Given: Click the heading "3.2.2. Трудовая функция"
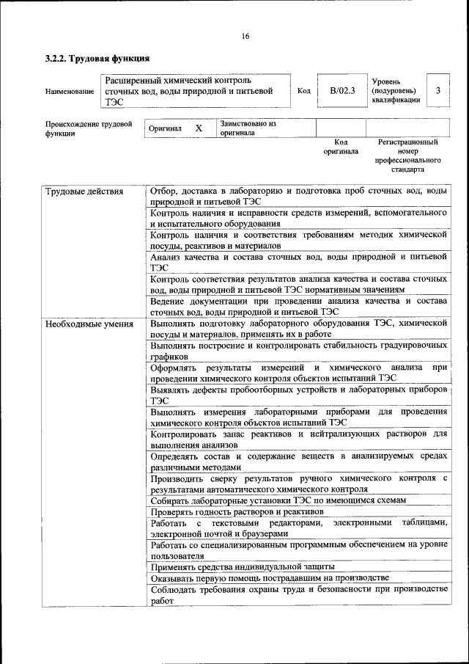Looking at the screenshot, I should pyautogui.click(x=98, y=59).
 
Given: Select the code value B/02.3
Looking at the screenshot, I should pyautogui.click(x=341, y=91).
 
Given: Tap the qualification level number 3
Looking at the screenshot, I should pyautogui.click(x=437, y=91).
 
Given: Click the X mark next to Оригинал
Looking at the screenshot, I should pyautogui.click(x=199, y=128).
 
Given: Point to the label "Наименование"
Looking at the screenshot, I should pyautogui.click(x=70, y=91).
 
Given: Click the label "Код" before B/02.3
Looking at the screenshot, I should pyautogui.click(x=304, y=91).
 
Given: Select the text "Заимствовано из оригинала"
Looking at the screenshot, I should pyautogui.click(x=247, y=128).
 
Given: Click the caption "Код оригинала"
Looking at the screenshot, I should pyautogui.click(x=341, y=147).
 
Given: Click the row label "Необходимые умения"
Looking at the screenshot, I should pyautogui.click(x=89, y=324).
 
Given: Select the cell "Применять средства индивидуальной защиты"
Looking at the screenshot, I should pyautogui.click(x=243, y=566).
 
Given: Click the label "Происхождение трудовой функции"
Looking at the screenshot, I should pyautogui.click(x=89, y=129).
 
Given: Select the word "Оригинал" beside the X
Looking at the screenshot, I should pyautogui.click(x=165, y=128).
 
